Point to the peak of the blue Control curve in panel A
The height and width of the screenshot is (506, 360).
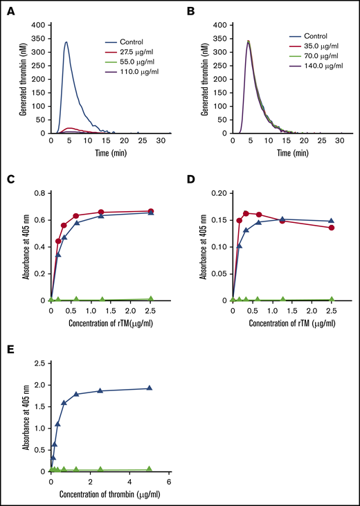pos(66,42)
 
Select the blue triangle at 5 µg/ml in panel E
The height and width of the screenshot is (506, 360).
pos(149,388)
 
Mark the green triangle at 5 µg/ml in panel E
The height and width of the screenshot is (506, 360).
pos(149,469)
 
